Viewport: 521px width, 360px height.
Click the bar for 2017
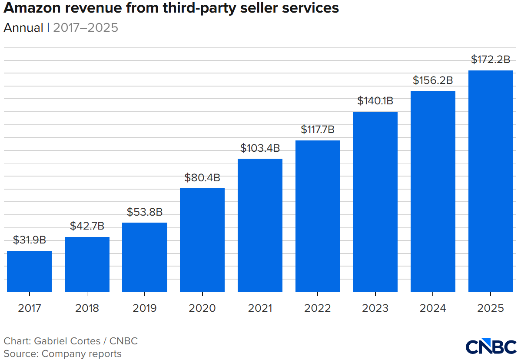[29, 271]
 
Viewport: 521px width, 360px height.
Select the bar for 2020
[202, 240]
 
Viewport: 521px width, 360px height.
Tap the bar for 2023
[375, 202]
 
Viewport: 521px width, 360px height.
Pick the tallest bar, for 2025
[491, 181]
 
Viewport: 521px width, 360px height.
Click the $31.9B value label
[29, 240]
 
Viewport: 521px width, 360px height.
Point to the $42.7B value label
[87, 226]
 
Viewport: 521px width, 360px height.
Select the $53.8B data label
[145, 212]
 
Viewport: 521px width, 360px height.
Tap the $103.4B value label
[260, 148]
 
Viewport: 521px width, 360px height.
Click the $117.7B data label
[318, 130]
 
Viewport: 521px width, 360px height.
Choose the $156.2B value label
[433, 80]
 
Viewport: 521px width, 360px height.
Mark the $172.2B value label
[491, 60]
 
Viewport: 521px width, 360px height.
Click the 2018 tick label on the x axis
[87, 308]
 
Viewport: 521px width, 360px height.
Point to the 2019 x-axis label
[145, 308]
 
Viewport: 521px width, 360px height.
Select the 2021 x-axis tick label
[260, 308]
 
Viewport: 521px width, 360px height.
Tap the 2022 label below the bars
[318, 308]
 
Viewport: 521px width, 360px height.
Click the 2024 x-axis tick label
[433, 308]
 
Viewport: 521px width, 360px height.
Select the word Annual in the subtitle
[23, 28]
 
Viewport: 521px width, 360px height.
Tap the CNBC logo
[491, 347]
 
